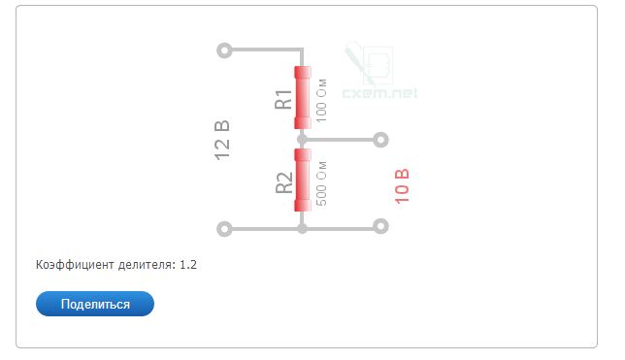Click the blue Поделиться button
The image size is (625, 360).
coord(95,304)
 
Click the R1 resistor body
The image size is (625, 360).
coord(303,98)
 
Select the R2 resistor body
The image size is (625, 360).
coord(303,180)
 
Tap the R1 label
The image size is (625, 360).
coord(283,99)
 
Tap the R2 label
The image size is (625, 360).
coord(283,183)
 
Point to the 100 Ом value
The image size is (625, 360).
coord(321,101)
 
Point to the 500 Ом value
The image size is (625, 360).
coord(321,183)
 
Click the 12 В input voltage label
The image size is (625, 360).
coord(222,141)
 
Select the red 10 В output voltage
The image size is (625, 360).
coord(402,186)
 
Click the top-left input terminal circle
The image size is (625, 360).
coord(224,50)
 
